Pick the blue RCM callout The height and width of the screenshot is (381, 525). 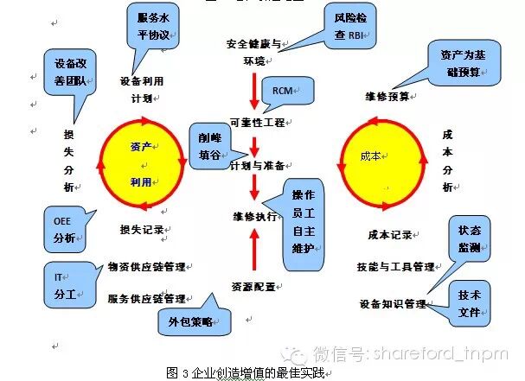click(x=282, y=90)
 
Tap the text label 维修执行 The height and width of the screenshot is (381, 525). click(x=253, y=215)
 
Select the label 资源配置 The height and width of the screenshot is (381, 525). click(x=253, y=285)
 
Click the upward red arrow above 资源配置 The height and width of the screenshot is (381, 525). click(x=253, y=252)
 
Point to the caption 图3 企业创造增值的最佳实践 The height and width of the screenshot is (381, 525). click(x=251, y=373)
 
